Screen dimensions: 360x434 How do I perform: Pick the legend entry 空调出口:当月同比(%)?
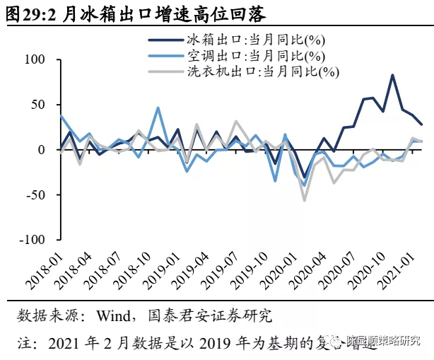(x=257, y=55)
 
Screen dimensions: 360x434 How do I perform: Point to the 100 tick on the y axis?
(x=33, y=59)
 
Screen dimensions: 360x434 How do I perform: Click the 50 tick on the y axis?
(x=37, y=105)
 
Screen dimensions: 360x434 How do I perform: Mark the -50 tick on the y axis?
(x=35, y=194)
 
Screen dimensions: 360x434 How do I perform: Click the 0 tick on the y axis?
(x=41, y=149)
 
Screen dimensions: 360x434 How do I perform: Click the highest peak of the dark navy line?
(x=392, y=75)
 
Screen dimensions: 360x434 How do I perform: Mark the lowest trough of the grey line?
(x=305, y=200)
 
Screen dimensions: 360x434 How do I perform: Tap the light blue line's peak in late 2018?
(x=158, y=108)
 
